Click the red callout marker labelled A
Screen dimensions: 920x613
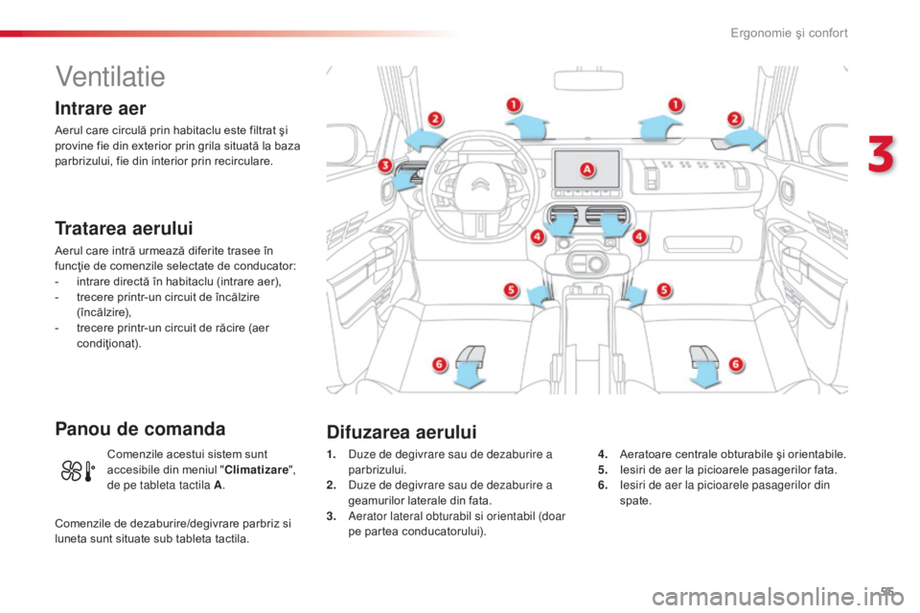click(586, 170)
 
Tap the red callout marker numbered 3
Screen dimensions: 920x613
click(385, 166)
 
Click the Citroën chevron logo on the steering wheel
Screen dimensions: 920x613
click(481, 184)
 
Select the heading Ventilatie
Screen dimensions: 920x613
click(110, 77)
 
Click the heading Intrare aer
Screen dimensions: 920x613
click(101, 108)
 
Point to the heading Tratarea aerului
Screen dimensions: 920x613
click(124, 228)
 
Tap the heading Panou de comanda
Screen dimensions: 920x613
click(140, 429)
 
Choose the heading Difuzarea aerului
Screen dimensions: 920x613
click(402, 432)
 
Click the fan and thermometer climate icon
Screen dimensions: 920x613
click(78, 471)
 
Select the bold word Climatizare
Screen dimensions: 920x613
click(257, 470)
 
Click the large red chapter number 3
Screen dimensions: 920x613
click(881, 154)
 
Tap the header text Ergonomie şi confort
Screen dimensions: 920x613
click(789, 33)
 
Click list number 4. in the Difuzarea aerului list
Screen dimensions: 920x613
click(603, 454)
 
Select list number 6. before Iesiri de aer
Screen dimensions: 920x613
click(603, 485)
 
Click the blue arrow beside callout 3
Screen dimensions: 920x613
click(404, 179)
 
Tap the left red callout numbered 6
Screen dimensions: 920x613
click(439, 365)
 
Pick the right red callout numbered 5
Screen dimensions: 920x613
click(663, 290)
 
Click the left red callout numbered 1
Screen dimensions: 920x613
click(514, 105)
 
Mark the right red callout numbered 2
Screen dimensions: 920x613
click(735, 119)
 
